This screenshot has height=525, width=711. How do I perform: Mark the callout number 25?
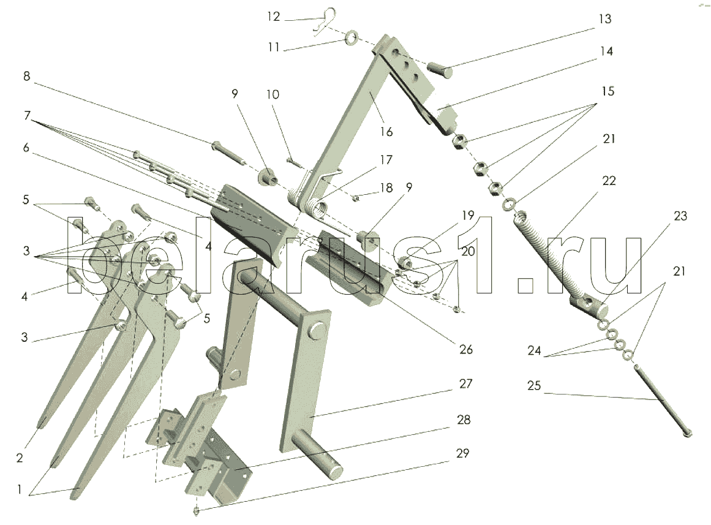coord(534,387)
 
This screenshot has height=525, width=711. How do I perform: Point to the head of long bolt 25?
coord(687,433)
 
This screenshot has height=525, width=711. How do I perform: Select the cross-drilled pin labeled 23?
coord(588,303)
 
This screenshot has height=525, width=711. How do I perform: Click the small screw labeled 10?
coord(294,162)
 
